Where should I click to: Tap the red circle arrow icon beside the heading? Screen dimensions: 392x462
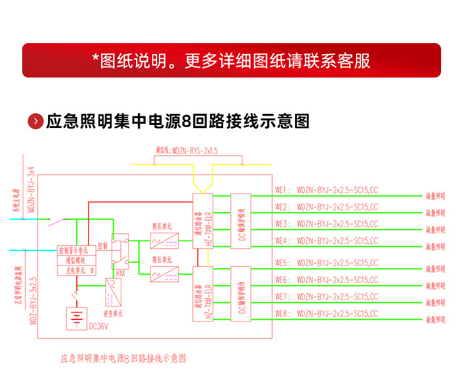click(36, 121)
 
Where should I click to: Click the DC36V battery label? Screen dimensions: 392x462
click(99, 326)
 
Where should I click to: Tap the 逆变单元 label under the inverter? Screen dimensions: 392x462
click(113, 313)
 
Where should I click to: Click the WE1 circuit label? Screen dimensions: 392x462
click(282, 190)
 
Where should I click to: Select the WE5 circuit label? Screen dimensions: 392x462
click(282, 263)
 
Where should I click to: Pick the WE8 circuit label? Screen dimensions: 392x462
click(282, 314)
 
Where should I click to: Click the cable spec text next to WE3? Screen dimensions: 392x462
click(337, 223)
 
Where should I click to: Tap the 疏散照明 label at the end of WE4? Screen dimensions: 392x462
click(435, 247)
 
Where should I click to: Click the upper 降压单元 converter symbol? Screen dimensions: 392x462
click(164, 239)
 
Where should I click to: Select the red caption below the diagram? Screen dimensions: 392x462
click(123, 358)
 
